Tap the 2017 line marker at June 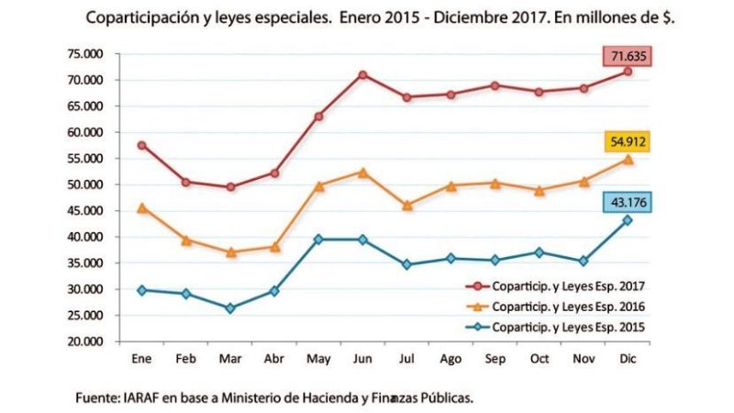click(x=362, y=74)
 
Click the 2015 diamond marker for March click(x=230, y=308)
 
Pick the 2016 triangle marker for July click(x=406, y=206)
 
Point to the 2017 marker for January click(x=142, y=145)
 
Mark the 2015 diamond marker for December click(x=628, y=220)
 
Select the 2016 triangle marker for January click(x=142, y=207)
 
